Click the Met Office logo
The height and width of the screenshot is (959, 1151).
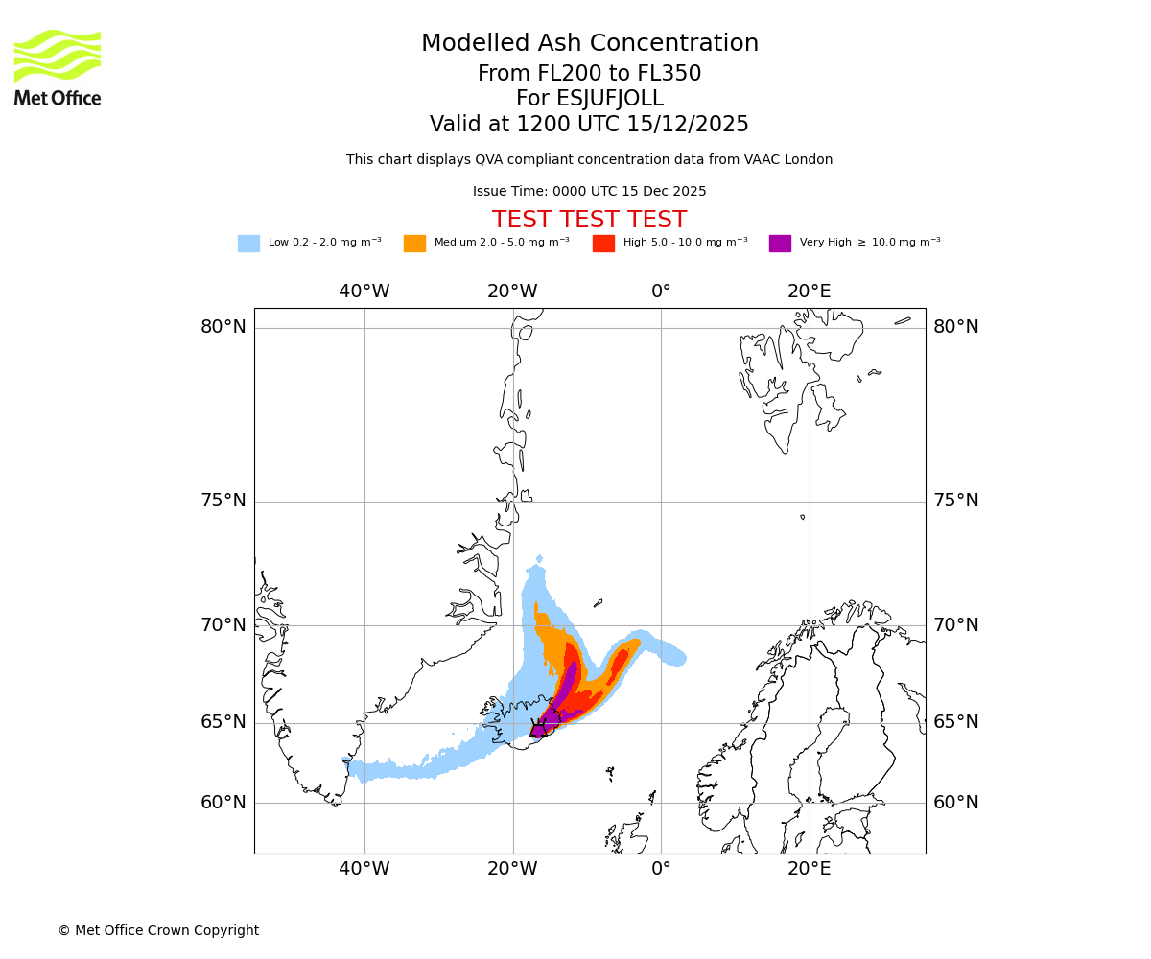[x=58, y=67]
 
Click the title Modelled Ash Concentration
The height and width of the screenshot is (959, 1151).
[x=589, y=43]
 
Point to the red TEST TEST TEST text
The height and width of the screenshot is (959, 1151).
[x=589, y=220]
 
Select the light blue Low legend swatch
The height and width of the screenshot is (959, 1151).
[x=248, y=243]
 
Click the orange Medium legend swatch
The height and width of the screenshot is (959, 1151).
[x=414, y=243]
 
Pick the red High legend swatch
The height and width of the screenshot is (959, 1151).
[x=603, y=243]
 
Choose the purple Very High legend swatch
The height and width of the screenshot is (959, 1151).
[x=780, y=243]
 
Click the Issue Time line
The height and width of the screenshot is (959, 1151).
[x=589, y=191]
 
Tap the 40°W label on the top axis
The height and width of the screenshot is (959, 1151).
[x=364, y=292]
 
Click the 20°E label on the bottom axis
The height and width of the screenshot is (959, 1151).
[x=810, y=869]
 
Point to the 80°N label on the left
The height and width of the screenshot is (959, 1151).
[x=223, y=327]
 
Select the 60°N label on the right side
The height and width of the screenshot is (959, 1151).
[x=956, y=803]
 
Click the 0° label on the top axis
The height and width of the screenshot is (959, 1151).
[x=661, y=292]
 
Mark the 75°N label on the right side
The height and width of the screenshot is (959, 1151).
[x=956, y=501]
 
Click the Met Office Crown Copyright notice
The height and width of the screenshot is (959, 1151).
[x=158, y=930]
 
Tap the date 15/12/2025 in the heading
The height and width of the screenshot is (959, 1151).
[x=688, y=125]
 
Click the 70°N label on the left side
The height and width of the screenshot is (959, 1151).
[x=223, y=625]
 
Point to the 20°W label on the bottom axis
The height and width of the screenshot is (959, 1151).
[x=513, y=869]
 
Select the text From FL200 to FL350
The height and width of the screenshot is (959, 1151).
[x=589, y=74]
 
